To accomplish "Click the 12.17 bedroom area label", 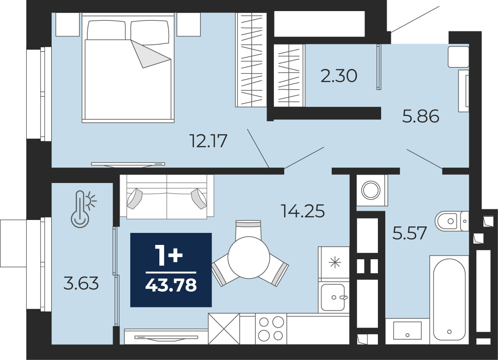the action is [x=208, y=141].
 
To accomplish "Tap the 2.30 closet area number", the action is [x=339, y=76].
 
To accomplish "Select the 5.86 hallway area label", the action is [x=420, y=116].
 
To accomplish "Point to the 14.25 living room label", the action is [x=303, y=211].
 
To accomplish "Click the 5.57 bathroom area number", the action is [x=409, y=233].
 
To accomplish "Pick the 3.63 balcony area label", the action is [x=81, y=283].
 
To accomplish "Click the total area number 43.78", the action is [x=171, y=285].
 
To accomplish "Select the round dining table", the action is [x=249, y=257].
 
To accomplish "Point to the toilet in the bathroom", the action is [x=452, y=220].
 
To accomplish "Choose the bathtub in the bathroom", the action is [x=449, y=299].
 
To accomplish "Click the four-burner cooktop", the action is [x=271, y=329].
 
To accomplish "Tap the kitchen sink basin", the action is [x=333, y=298].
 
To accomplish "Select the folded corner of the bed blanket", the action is [x=151, y=54].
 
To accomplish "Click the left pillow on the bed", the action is [x=106, y=30].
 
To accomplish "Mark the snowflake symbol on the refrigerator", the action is [x=335, y=262].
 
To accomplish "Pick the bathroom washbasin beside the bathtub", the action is [x=407, y=330].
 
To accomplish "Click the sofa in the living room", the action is [x=167, y=197].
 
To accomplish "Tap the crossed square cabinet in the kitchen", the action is [x=224, y=329].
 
